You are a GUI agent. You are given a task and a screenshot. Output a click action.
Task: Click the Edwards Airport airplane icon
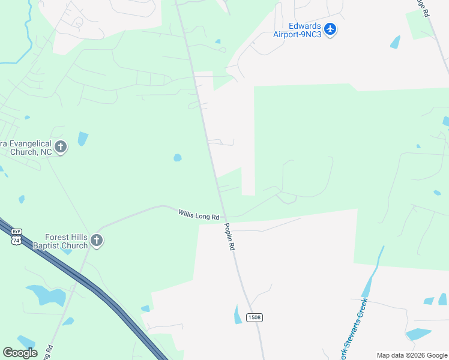[330, 29]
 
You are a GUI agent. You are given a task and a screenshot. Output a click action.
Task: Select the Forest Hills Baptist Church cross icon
[97, 241]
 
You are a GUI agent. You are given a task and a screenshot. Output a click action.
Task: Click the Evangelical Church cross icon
[60, 146]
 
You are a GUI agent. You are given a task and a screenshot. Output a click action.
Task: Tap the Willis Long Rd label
[199, 214]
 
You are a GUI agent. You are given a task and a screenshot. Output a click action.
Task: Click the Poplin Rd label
[230, 236]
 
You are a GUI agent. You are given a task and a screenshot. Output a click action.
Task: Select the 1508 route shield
[254, 317]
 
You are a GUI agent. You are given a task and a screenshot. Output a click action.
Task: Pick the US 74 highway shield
[16, 239]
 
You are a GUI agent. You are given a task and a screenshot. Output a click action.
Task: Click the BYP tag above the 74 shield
[16, 232]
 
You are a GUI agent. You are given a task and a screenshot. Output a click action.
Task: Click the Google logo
[20, 352]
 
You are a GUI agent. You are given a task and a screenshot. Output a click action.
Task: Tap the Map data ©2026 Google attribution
[411, 355]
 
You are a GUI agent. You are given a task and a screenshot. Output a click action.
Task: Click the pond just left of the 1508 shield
[238, 314]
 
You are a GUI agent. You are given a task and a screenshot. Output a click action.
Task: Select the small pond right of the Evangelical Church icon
[82, 139]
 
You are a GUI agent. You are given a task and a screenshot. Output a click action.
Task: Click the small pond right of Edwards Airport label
[395, 42]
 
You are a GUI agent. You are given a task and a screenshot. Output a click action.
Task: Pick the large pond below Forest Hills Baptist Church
[48, 295]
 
